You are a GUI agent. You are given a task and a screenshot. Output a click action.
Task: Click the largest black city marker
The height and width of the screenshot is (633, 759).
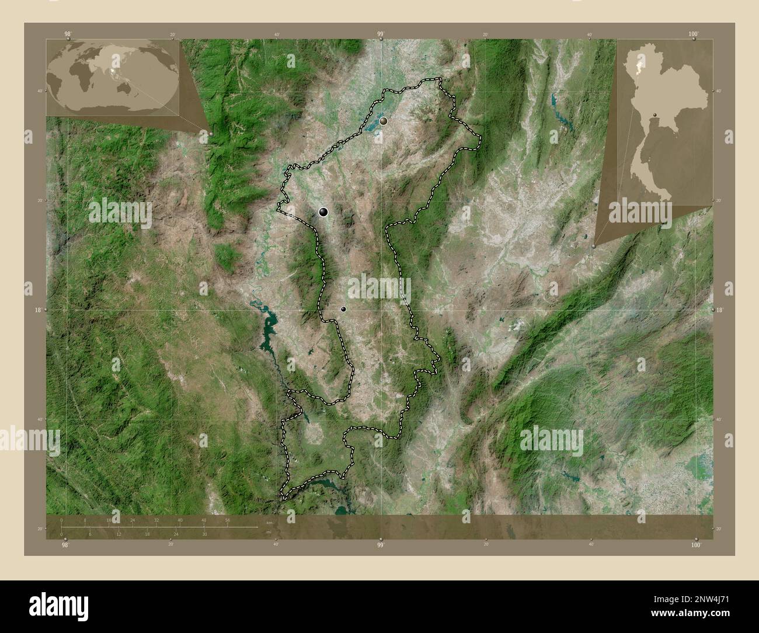(323, 213)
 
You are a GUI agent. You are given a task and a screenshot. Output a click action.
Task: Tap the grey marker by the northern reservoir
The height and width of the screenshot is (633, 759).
(384, 121)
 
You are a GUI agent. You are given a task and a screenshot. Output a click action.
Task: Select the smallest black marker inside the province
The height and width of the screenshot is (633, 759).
(343, 309)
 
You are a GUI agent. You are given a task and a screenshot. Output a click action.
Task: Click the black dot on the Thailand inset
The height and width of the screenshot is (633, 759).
(655, 115)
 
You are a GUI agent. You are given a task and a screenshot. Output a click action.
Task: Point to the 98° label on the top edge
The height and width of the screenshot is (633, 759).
(68, 34)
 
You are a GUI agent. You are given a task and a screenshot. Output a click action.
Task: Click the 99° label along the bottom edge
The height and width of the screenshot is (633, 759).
(380, 545)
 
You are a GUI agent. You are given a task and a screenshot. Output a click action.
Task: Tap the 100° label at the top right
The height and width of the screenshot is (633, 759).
(693, 34)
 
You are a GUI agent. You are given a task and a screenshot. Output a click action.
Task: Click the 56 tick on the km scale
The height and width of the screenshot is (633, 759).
(227, 520)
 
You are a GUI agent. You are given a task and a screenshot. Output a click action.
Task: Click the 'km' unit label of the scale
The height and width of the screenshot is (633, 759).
(269, 522)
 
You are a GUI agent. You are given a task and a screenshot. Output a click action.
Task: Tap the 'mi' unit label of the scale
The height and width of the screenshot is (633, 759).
(267, 533)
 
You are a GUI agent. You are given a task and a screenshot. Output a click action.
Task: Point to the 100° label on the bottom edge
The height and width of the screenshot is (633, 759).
(695, 545)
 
